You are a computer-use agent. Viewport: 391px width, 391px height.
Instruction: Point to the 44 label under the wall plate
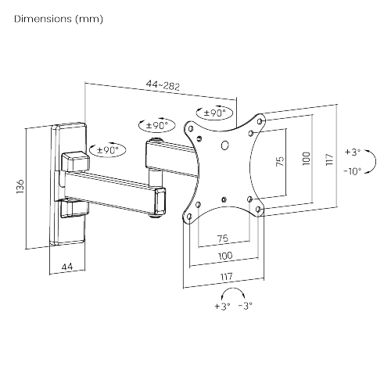pyautogui.click(x=68, y=267)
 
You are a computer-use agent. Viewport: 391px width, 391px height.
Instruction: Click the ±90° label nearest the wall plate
pyautogui.click(x=105, y=149)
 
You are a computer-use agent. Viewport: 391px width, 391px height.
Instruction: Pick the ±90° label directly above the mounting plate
pyautogui.click(x=212, y=113)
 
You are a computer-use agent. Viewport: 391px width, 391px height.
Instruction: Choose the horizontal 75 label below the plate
pyautogui.click(x=222, y=237)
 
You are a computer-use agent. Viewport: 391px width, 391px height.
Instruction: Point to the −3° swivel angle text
pyautogui.click(x=246, y=307)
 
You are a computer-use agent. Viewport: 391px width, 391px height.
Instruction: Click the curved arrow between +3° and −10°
pyautogui.click(x=367, y=160)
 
